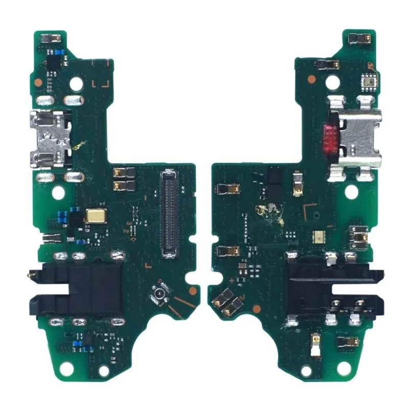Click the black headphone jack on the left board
(x=77, y=288)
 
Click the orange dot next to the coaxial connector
(x=192, y=290)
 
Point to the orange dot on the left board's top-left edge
(x=38, y=81)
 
